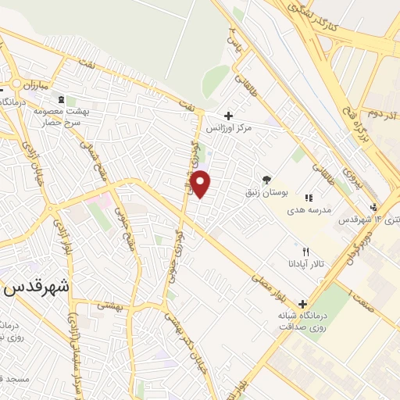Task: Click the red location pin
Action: tap(202, 184)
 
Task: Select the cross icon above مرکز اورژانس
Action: tap(227, 115)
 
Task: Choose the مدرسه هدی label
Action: tap(309, 210)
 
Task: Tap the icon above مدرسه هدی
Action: tap(309, 198)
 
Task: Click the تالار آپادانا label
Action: tap(305, 264)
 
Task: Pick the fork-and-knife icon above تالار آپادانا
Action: tap(305, 252)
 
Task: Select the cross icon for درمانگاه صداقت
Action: tap(303, 305)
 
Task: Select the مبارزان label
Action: tap(35, 83)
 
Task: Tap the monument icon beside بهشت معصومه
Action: tap(62, 100)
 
